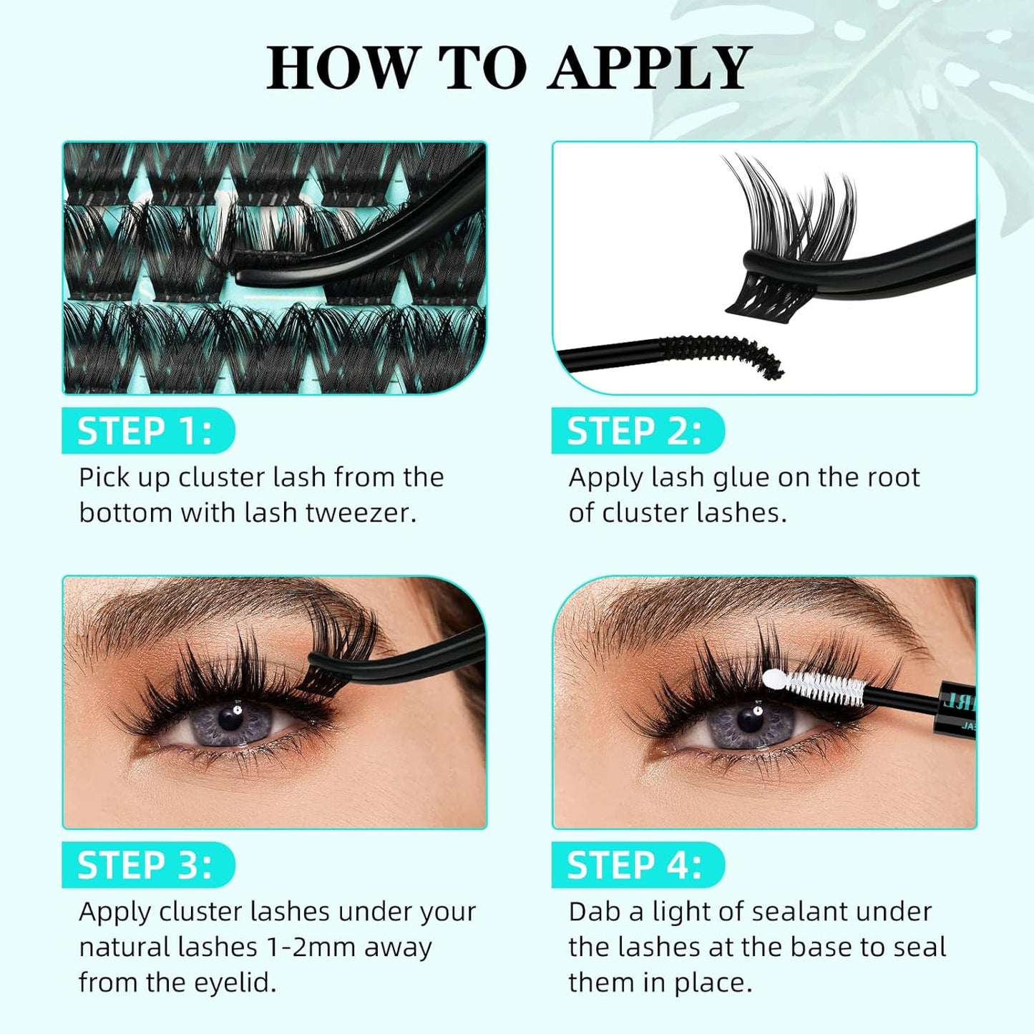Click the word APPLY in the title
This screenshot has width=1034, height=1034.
pyautogui.click(x=649, y=68)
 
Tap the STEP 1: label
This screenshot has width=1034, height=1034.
pyautogui.click(x=145, y=431)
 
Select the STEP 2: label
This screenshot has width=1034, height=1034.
pyautogui.click(x=635, y=431)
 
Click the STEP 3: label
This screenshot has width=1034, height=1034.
pyautogui.click(x=145, y=865)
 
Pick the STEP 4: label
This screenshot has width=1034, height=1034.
pyautogui.click(x=635, y=865)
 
